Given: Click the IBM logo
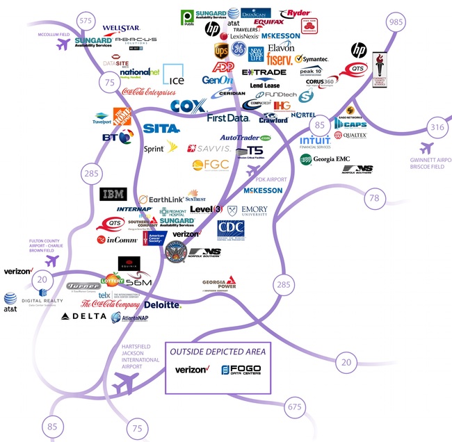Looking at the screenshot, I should pos(113,194).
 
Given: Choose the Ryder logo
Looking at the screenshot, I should pos(295,13).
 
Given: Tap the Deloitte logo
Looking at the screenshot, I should pos(163,305).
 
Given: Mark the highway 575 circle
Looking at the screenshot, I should pos(86,21).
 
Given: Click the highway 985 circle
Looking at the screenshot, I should pos(397,23).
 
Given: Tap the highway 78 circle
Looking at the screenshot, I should pos(374,199).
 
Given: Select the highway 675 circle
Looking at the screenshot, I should pos(296,407).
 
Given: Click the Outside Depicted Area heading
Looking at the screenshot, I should pos(218,352).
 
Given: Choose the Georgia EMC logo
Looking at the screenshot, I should pos(325,159).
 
